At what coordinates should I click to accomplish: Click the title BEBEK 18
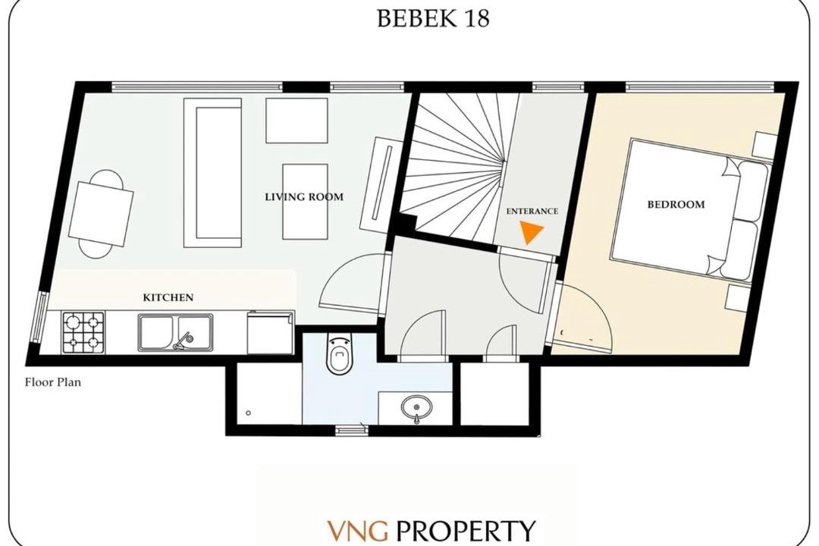coord(432,18)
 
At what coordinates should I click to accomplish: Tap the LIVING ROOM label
coord(304,197)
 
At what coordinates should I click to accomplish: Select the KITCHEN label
coord(168,297)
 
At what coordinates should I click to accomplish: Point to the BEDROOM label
coord(676,204)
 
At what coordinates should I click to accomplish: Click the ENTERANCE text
coord(532,211)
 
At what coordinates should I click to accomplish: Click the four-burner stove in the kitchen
coord(83,332)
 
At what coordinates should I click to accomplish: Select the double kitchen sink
coord(175,332)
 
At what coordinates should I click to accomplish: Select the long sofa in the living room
coord(212,172)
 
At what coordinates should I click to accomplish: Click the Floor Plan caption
coord(53,382)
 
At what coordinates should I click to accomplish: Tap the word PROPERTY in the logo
coord(466,531)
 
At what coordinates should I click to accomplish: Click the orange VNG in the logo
coord(358,531)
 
